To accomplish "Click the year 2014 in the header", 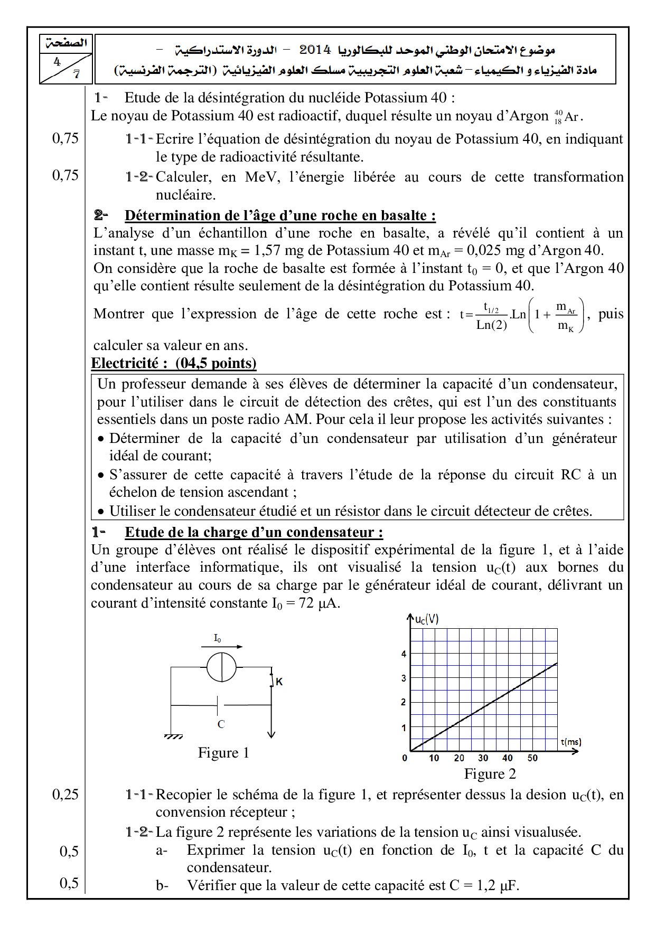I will pos(315,51).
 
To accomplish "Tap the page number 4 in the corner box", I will pos(57,62).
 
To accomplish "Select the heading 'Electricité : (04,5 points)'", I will pos(174,363).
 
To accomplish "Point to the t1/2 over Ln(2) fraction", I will pos(491,316).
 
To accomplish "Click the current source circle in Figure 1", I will pos(221,667).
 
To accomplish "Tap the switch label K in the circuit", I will pos(279,682).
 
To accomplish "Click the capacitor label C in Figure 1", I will pos(221,724).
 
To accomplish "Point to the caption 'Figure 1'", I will pos(223,753).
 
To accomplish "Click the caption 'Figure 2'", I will pos(490,774).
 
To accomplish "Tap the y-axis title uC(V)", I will pos(426,619).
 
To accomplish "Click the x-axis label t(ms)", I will pos(570,742).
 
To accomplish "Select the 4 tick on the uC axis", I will pos(404,654).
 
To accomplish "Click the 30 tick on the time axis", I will pos(483,758).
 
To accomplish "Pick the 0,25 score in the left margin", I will pos(65,794).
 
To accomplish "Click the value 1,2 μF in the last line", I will pos(498,886).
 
